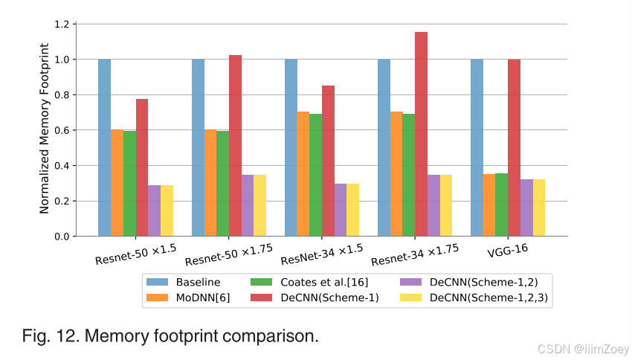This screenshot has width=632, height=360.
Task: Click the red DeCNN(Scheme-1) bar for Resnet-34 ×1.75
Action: [x=421, y=134]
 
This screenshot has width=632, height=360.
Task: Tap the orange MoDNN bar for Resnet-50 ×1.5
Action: [x=117, y=183]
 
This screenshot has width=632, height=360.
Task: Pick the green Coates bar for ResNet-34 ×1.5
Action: [x=316, y=175]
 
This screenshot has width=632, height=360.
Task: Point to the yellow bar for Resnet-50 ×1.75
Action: [x=259, y=205]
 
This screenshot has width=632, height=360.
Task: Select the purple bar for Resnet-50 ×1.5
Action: [x=154, y=210]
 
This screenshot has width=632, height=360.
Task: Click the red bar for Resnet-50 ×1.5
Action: [x=142, y=167]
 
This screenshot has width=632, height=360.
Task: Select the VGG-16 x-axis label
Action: [x=507, y=250]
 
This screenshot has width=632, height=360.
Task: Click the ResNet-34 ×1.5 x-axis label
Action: [x=323, y=254]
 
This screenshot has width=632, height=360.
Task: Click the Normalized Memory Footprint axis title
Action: [x=45, y=130]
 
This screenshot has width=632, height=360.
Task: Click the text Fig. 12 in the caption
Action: [x=50, y=336]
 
